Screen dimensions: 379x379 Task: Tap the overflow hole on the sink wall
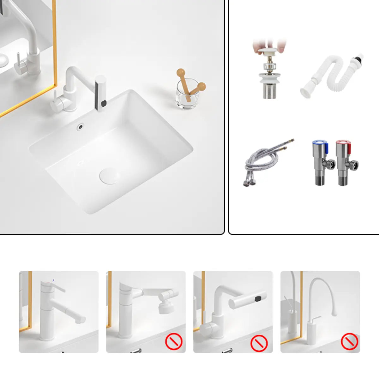pos(81,127)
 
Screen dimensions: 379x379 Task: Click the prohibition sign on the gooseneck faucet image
pos(349,341)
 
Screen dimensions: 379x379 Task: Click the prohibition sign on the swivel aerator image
pos(174,341)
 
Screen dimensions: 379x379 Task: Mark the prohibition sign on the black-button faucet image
pos(259,343)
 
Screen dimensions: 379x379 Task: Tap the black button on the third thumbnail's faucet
pos(259,298)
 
